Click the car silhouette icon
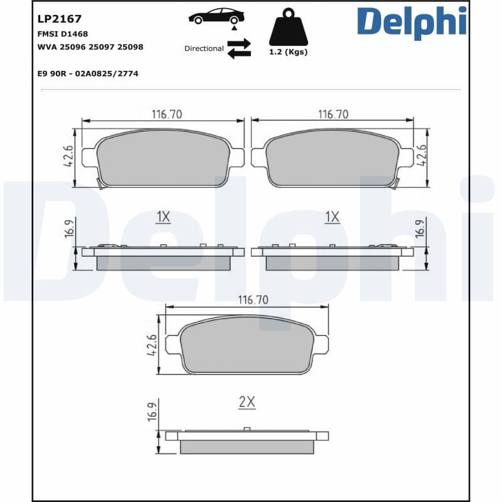pos(216,16)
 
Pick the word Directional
pos(204,48)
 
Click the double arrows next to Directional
pos(239,48)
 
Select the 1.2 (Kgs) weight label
pos(288,52)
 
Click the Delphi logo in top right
pos(412,23)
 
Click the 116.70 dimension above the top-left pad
pos(166,114)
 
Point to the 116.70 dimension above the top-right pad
pos(333,114)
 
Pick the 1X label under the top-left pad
pos(163,217)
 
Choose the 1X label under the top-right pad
pos(332,217)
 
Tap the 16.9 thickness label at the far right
pos(420,227)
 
